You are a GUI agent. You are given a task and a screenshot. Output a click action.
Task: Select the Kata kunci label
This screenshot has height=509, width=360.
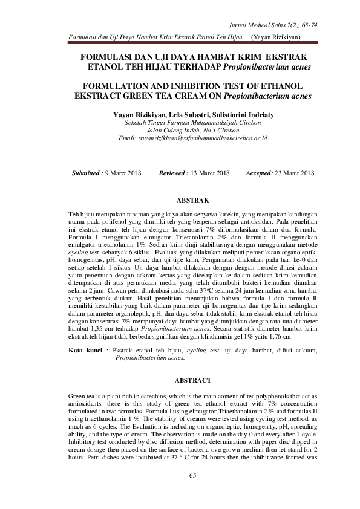pyautogui.click(x=85, y=350)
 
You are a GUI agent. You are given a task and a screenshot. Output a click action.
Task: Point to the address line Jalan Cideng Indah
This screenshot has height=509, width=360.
pyautogui.click(x=192, y=130)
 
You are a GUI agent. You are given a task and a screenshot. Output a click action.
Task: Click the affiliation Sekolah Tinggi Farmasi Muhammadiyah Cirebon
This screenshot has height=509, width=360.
pyautogui.click(x=192, y=122)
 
